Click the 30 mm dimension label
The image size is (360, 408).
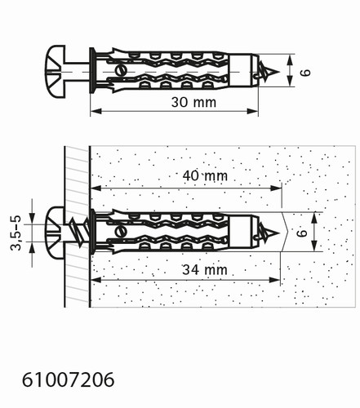click(193, 103)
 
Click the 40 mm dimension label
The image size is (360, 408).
click(205, 175)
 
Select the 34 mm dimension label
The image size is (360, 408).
click(205, 269)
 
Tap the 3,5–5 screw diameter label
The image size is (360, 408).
click(16, 233)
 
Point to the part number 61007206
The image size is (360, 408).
click(68, 379)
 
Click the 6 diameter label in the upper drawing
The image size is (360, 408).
click(305, 73)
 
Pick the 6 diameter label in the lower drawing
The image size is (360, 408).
click(302, 233)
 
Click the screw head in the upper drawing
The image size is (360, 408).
click(56, 71)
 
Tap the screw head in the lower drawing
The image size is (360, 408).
click(56, 233)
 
